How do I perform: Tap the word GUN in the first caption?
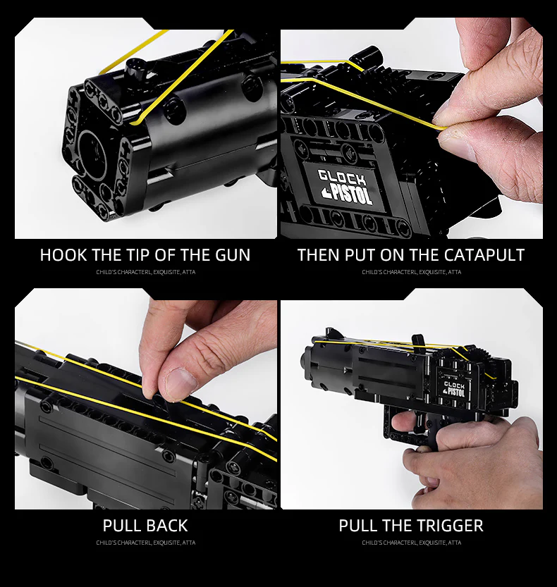[x=232, y=254]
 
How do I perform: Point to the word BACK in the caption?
[x=167, y=525]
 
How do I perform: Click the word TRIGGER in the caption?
[x=447, y=525]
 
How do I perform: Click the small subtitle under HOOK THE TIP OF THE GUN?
[x=145, y=272]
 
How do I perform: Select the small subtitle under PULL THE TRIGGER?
[x=411, y=543]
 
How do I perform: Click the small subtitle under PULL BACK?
[x=145, y=543]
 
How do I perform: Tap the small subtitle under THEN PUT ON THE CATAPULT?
[x=411, y=272]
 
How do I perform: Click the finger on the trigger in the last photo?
[x=403, y=422]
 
